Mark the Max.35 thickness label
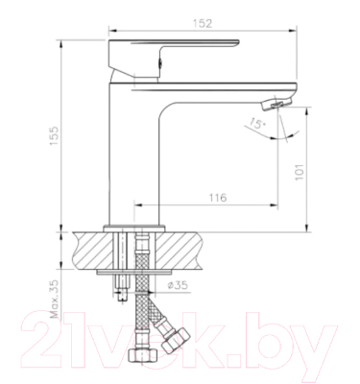point(56,299)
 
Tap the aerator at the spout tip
point(277,100)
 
